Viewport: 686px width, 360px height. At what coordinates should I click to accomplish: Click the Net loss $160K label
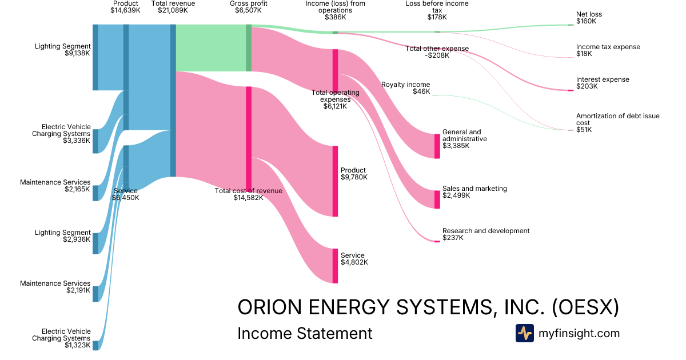click(589, 18)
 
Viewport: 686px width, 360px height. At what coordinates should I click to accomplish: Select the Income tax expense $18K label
click(608, 50)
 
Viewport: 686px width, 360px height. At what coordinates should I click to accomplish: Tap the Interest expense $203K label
click(602, 83)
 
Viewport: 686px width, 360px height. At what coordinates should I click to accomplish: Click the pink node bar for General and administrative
click(437, 146)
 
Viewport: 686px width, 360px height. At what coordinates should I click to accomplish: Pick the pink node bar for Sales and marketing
click(437, 199)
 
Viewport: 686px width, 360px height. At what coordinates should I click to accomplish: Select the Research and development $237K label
click(485, 234)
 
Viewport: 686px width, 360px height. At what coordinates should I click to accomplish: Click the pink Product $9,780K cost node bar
click(335, 181)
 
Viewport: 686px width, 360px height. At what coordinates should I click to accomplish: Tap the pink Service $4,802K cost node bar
click(335, 266)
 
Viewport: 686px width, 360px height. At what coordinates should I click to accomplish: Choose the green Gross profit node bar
click(249, 48)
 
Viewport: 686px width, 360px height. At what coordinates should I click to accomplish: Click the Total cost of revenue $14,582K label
click(248, 194)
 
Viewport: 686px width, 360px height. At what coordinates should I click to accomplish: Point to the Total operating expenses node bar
click(335, 70)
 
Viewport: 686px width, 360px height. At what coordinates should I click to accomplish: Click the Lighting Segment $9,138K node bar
click(95, 57)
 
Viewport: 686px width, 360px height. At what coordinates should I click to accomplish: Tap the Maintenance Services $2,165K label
click(55, 186)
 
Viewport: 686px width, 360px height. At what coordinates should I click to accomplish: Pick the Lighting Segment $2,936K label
click(62, 236)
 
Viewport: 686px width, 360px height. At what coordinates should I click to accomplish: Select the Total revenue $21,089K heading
click(173, 7)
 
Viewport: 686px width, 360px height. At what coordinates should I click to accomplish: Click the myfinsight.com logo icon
click(524, 333)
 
